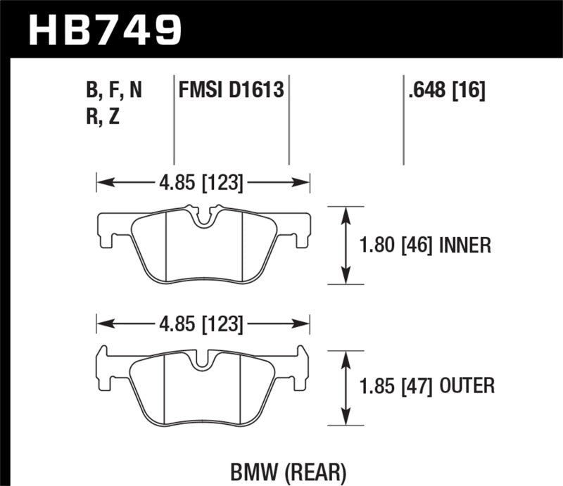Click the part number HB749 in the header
tap(104, 29)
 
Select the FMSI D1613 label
tap(231, 90)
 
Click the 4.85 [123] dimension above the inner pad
tap(201, 184)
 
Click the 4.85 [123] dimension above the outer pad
tap(201, 325)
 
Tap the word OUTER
tap(467, 385)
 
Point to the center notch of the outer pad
tap(203, 359)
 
